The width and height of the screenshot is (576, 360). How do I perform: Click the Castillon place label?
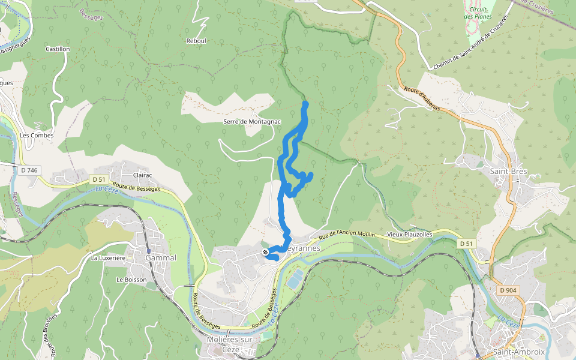point(58,49)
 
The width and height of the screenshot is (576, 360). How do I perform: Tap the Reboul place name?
point(196,41)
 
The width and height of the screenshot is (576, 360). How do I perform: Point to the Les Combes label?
point(37,135)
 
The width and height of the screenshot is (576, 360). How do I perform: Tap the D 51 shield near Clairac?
point(99,179)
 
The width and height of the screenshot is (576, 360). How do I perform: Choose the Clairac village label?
point(142,175)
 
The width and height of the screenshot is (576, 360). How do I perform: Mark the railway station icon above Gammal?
point(148,251)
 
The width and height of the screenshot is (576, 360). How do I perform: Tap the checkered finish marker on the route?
point(265,252)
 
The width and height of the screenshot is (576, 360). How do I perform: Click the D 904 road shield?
point(508,290)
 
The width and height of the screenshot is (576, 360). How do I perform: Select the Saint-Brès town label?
point(508,171)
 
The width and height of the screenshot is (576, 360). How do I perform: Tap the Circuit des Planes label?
point(478,13)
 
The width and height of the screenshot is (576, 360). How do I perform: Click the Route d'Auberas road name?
point(422,100)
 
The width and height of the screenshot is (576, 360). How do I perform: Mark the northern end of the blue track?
point(305,104)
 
